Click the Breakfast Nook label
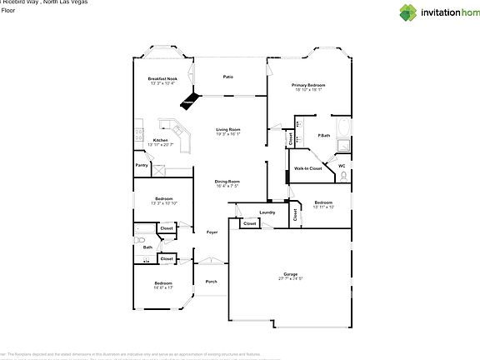click(162, 78)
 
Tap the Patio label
click(227, 77)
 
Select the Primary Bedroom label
click(308, 85)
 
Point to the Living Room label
click(228, 129)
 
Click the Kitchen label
click(160, 140)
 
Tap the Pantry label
click(142, 165)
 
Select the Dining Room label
click(228, 181)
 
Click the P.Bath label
click(323, 135)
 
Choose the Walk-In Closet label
click(308, 168)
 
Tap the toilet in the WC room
click(342, 175)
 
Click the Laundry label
click(267, 212)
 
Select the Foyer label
click(212, 232)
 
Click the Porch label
click(212, 281)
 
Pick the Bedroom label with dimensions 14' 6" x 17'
click(162, 283)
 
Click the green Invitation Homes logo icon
click(407, 12)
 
